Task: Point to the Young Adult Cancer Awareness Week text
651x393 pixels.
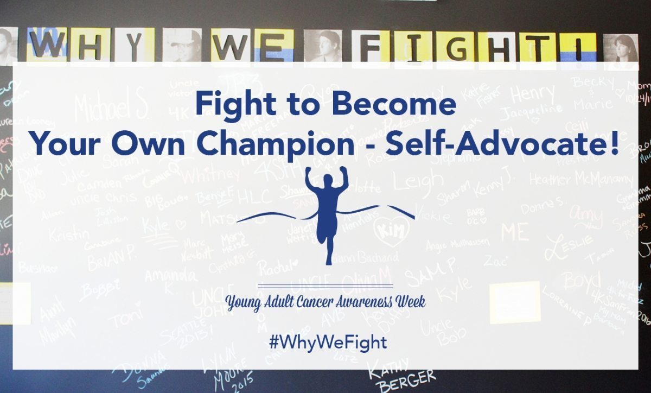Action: (325, 301)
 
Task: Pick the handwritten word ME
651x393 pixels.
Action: (514, 232)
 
